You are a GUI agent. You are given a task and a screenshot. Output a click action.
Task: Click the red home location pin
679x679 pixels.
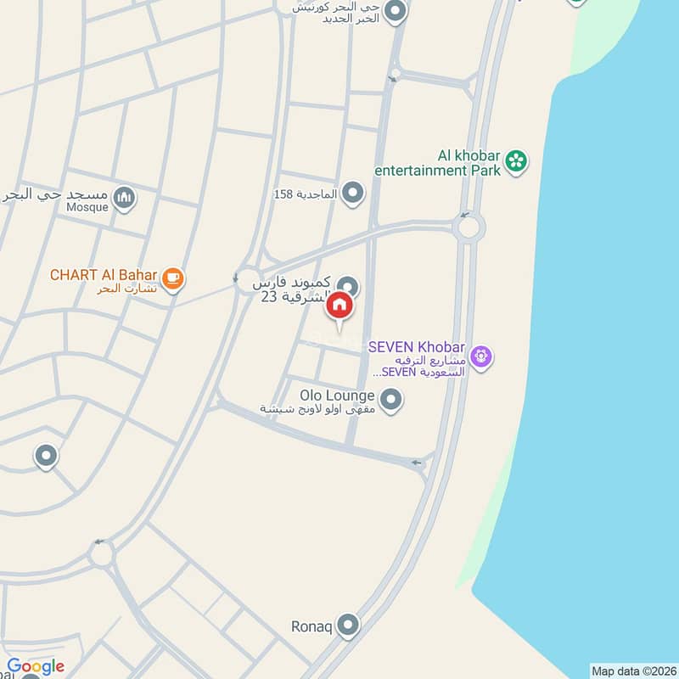point(339,306)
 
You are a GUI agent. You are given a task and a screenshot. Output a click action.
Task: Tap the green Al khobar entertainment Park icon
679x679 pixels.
point(515,160)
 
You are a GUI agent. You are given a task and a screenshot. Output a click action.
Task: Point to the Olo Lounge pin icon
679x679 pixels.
point(390,399)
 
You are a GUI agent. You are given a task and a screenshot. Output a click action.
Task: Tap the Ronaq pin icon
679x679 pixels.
point(348,626)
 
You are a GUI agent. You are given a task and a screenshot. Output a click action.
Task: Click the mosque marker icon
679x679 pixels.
point(125,198)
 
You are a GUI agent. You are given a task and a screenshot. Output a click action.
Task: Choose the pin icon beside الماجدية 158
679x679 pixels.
point(353,194)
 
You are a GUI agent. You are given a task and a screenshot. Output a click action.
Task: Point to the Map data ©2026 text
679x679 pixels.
point(632,671)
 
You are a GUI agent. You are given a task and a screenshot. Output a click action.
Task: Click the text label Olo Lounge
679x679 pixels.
point(337,396)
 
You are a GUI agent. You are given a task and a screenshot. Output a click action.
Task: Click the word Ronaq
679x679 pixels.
point(311,626)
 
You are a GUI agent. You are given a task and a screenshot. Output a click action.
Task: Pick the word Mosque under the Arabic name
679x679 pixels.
point(87,207)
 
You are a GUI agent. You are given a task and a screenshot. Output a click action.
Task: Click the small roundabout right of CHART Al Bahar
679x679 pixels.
point(247,277)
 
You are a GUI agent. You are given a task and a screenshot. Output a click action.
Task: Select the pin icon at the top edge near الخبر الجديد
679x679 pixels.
point(394,12)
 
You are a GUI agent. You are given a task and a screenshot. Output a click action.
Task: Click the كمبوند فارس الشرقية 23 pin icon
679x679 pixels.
point(347,286)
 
